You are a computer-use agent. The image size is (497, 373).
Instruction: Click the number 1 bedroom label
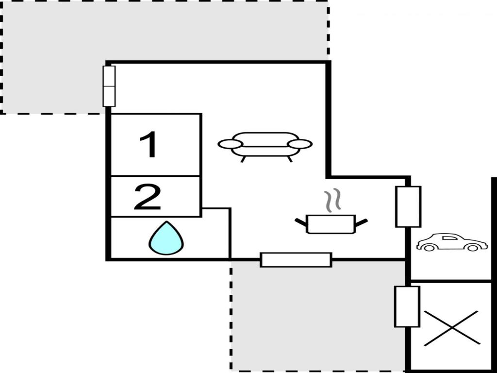tap(149, 145)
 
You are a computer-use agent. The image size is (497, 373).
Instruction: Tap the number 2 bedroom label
tap(147, 197)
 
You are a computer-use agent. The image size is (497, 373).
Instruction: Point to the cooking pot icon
tap(331, 223)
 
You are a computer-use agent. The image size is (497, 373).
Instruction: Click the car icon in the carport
tap(451, 242)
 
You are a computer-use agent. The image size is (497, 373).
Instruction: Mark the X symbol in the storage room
tap(451, 328)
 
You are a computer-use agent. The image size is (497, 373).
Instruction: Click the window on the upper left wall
tap(110, 86)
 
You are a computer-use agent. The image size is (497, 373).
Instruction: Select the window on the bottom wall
tap(296, 260)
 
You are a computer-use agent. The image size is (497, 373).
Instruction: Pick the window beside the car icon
tap(408, 206)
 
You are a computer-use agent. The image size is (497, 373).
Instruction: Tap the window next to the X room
tap(407, 306)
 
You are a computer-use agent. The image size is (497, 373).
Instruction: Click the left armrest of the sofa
tap(230, 144)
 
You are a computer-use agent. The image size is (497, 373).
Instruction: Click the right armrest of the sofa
tap(300, 144)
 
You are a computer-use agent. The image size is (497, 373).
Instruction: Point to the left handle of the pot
tap(301, 222)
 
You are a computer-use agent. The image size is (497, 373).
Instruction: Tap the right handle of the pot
tap(362, 222)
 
